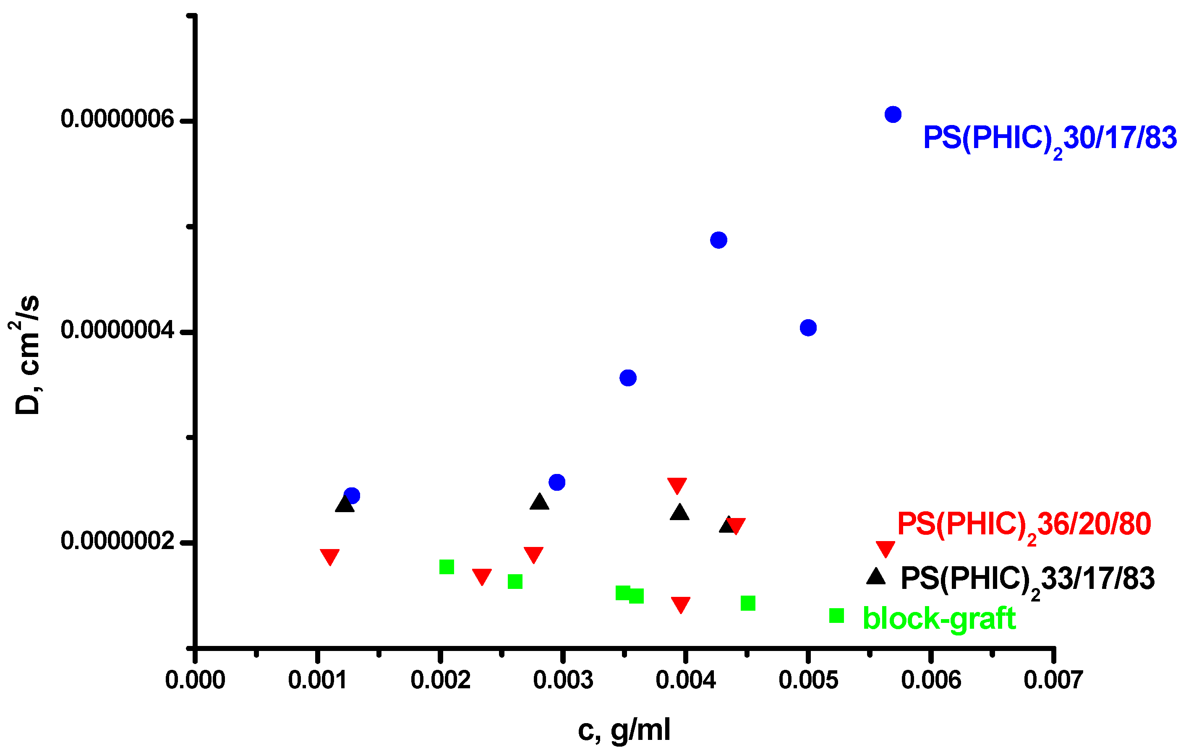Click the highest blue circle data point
click(x=893, y=115)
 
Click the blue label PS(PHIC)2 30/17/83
click(x=1049, y=138)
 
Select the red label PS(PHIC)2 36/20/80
click(x=1024, y=525)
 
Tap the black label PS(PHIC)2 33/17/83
click(x=1027, y=579)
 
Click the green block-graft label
click(x=939, y=618)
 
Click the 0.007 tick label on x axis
click(x=1053, y=681)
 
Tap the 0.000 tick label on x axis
click(x=195, y=681)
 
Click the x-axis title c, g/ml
click(x=624, y=729)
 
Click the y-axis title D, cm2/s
click(x=26, y=355)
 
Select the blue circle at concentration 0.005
click(x=808, y=328)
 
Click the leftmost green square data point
click(x=446, y=567)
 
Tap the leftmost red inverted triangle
click(x=329, y=557)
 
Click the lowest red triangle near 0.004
click(x=680, y=605)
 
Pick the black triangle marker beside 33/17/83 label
click(x=876, y=576)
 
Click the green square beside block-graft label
click(x=836, y=615)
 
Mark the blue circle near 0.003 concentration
click(x=556, y=482)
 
